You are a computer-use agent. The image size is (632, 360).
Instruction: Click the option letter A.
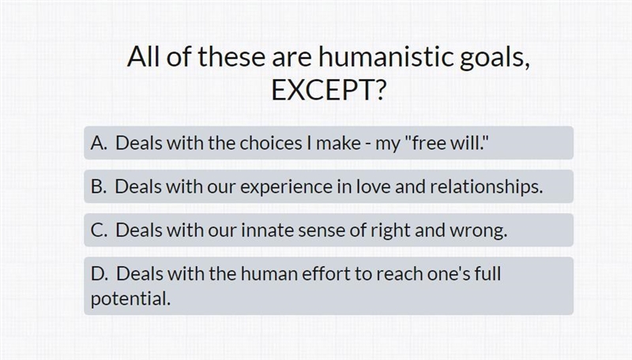coord(99,143)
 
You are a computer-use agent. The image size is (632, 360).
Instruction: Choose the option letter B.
coord(99,186)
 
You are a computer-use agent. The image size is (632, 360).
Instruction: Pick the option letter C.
coord(99,231)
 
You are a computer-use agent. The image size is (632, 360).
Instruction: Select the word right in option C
coord(390,231)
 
